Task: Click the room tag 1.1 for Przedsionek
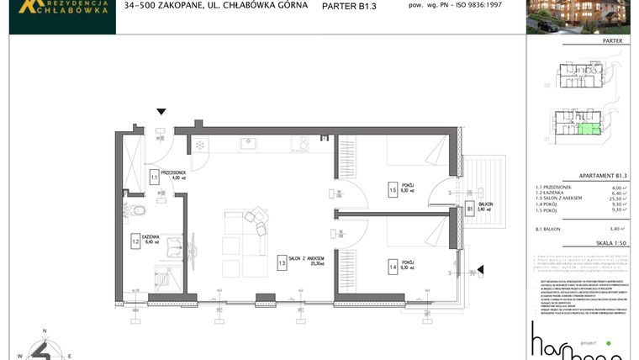[155, 177]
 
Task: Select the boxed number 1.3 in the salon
[283, 262]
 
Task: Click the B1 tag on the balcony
[470, 209]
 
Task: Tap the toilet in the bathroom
[138, 209]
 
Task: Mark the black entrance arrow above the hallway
[161, 111]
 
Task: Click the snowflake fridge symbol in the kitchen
[200, 145]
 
